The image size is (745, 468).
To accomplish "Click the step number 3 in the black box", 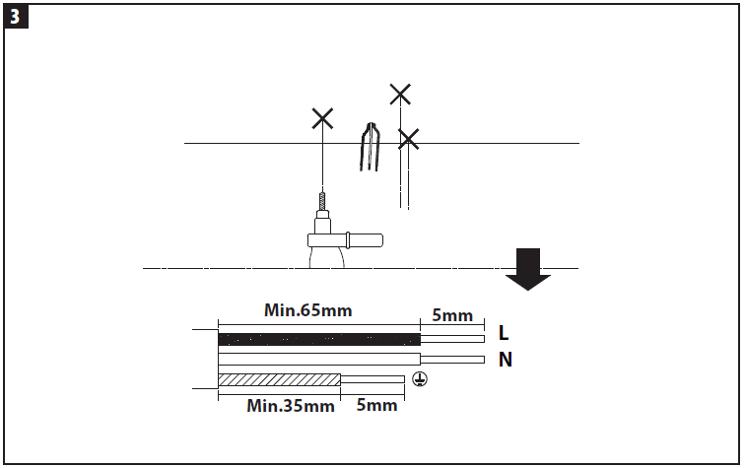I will pos(15,16).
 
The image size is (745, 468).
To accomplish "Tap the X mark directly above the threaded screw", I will pos(322,119).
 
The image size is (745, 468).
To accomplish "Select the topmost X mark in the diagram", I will pos(399,95).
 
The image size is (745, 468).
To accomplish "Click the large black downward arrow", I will pos(528,268).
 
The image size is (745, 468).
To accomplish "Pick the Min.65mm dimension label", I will pos(308,309).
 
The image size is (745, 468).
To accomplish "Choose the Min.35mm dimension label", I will pos(290,405).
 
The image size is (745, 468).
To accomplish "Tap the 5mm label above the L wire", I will pos(452,315).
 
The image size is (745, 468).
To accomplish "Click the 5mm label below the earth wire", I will pos(376,405).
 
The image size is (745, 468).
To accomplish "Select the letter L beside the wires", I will pos(505,332).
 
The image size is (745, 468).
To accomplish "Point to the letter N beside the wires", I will pos(505,360).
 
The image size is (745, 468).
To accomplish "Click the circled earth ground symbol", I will pos(419,379).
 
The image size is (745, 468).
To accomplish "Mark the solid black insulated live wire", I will pos(318,340).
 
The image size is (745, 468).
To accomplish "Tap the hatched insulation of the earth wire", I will pos(279,379).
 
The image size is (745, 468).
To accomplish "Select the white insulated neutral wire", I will pos(318,359).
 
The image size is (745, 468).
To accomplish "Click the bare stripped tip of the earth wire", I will pos(372,379).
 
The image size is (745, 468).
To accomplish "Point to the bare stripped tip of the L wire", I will pos(452,340).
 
